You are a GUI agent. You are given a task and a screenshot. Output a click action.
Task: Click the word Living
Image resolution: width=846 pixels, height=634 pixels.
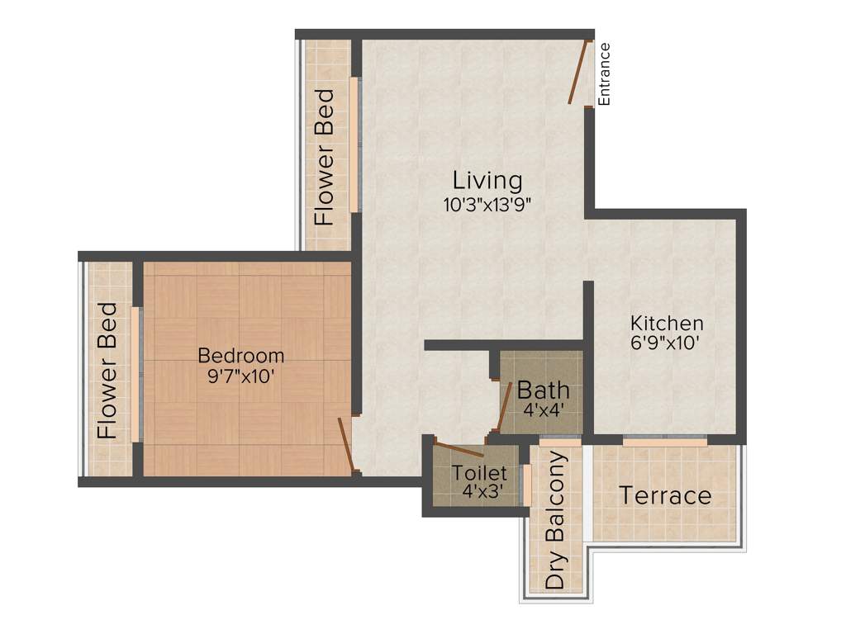click(x=487, y=180)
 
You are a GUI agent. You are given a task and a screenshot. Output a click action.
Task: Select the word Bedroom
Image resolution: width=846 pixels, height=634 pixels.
click(x=241, y=356)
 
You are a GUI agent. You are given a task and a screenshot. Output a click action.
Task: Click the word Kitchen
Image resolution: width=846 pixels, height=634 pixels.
click(x=667, y=323)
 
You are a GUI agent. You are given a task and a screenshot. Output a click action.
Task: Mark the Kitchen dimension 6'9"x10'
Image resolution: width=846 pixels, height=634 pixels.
click(x=667, y=343)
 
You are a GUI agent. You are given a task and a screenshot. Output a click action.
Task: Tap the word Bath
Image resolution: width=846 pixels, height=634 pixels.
click(x=543, y=390)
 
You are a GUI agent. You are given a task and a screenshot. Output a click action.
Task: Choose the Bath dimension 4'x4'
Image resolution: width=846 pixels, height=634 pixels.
click(x=543, y=409)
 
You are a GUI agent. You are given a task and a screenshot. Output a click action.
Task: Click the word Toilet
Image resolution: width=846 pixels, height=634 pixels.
click(x=478, y=474)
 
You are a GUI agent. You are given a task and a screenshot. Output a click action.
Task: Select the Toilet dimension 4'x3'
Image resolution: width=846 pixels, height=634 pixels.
click(x=478, y=493)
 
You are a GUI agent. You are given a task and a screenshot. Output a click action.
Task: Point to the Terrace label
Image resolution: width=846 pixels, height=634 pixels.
click(x=665, y=496)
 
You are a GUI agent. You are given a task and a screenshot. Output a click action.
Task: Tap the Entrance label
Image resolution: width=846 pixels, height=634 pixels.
click(x=604, y=73)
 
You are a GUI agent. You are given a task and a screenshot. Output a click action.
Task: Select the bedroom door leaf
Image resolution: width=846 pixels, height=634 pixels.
click(x=347, y=445)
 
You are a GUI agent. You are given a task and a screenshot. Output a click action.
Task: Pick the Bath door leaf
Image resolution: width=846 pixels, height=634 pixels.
click(x=504, y=405)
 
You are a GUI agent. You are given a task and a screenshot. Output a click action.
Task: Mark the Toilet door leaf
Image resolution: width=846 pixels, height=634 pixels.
click(x=459, y=450)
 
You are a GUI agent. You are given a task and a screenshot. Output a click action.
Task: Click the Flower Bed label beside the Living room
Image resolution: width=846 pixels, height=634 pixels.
click(x=325, y=157)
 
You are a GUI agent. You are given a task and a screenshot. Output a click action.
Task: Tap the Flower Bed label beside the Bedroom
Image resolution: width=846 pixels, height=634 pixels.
click(x=107, y=371)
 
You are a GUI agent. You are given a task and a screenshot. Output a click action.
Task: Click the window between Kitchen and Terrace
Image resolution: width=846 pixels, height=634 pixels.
click(x=664, y=442)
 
